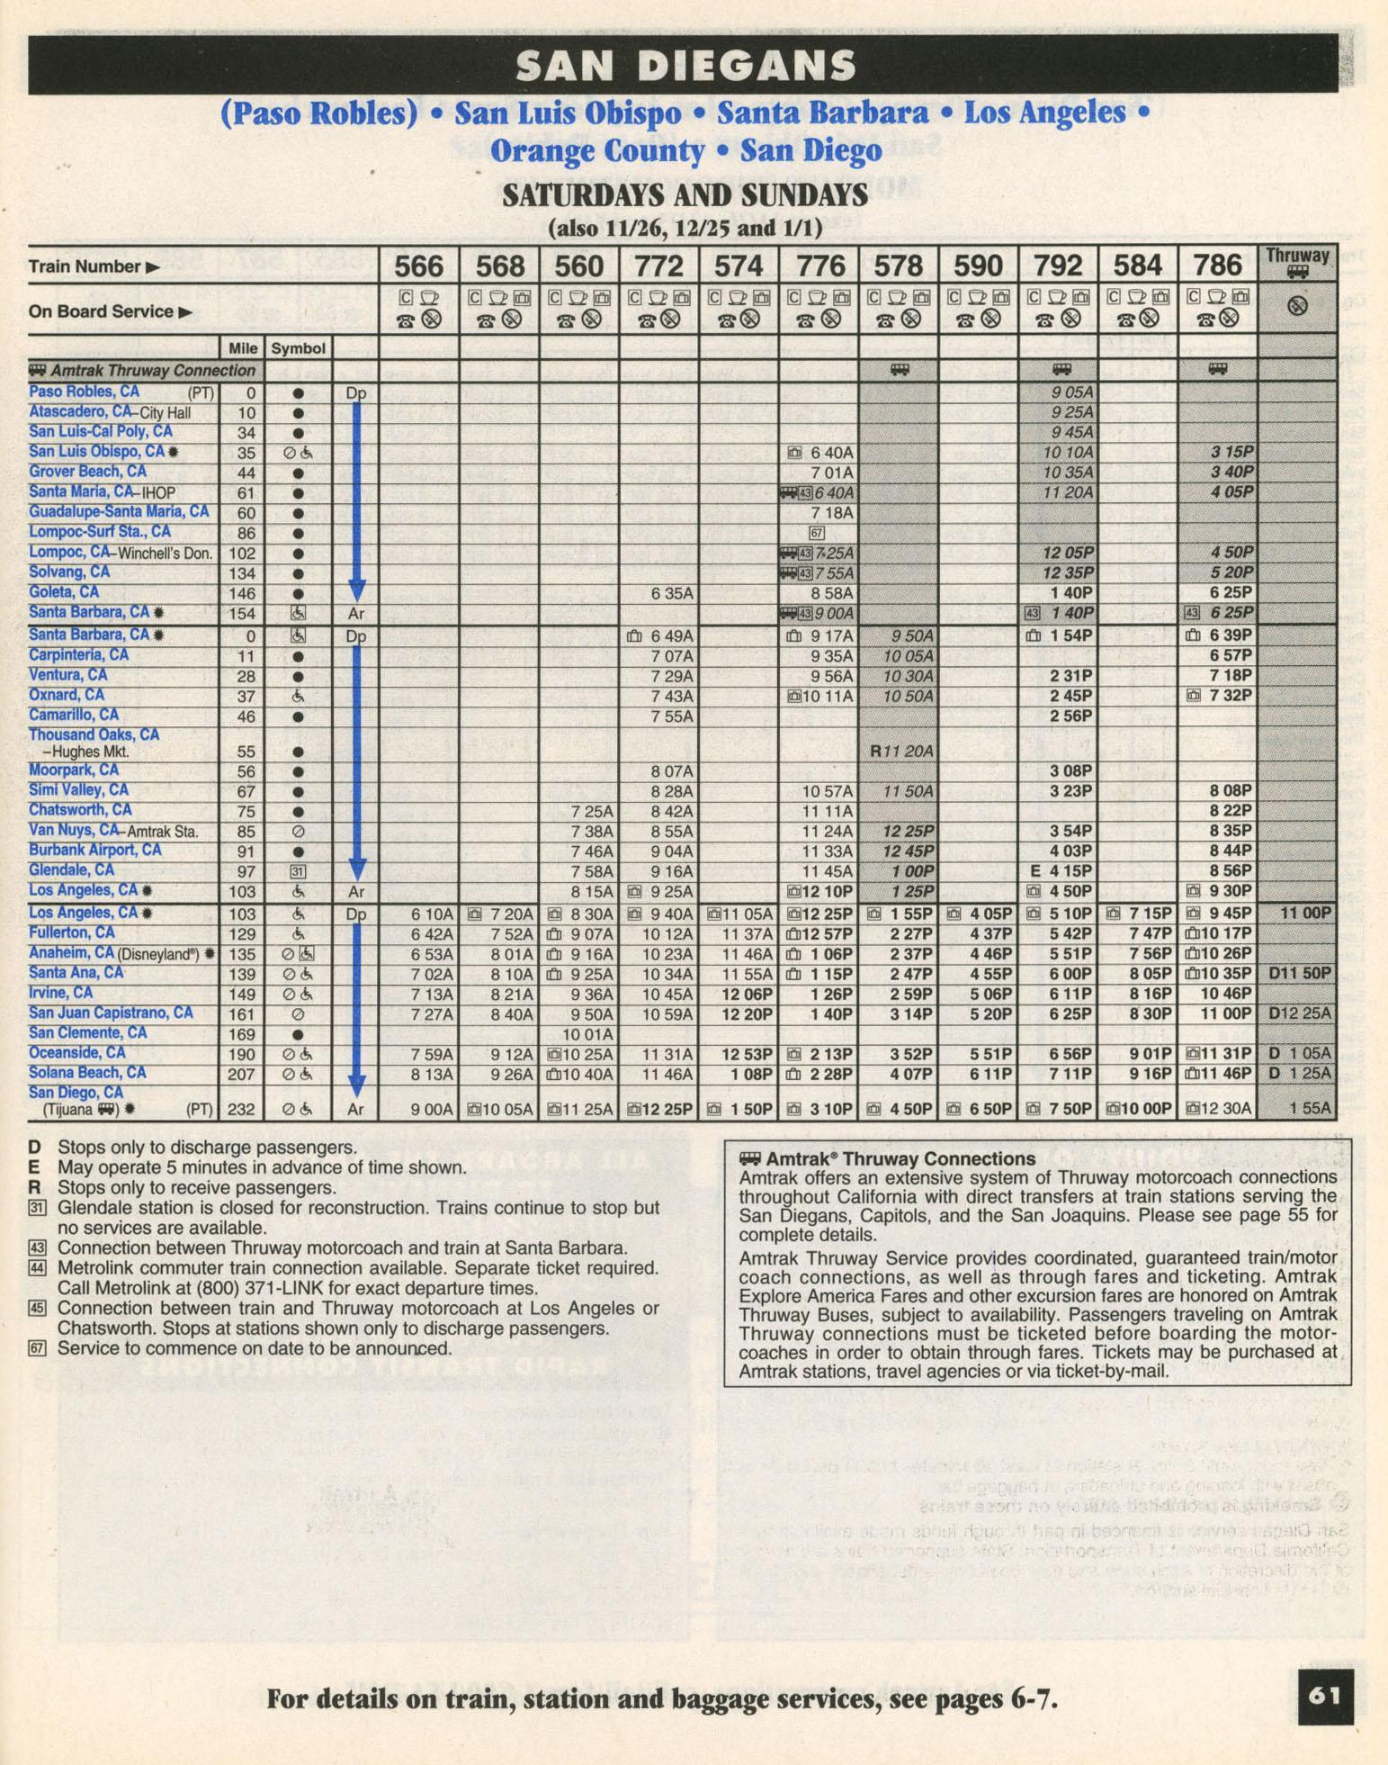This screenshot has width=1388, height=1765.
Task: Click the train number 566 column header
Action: pyautogui.click(x=419, y=266)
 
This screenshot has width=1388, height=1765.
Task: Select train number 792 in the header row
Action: pyautogui.click(x=1057, y=266)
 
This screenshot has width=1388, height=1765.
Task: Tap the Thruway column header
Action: pyautogui.click(x=1296, y=257)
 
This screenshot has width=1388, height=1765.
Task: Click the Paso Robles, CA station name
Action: pyautogui.click(x=85, y=392)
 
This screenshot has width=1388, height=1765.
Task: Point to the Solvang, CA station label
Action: pyautogui.click(x=69, y=572)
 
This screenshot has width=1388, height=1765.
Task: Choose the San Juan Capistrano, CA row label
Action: pyautogui.click(x=111, y=1013)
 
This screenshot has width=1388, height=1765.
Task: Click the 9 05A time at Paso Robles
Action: pyautogui.click(x=1071, y=392)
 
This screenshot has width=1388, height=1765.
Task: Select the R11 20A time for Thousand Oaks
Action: pyautogui.click(x=901, y=751)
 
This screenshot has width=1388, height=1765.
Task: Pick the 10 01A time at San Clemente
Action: pyautogui.click(x=587, y=1034)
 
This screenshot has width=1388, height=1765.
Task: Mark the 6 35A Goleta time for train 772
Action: pyautogui.click(x=670, y=593)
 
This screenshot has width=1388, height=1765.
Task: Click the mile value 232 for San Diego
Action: pyautogui.click(x=241, y=1110)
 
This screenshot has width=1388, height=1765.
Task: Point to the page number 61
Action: pyautogui.click(x=1325, y=1696)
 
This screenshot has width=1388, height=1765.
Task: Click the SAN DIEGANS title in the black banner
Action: pyautogui.click(x=685, y=66)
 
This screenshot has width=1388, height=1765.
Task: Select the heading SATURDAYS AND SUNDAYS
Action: pyautogui.click(x=685, y=195)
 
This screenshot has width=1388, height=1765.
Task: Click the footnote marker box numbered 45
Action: pyautogui.click(x=37, y=1308)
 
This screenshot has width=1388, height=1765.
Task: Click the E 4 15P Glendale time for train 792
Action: pyautogui.click(x=1061, y=871)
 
